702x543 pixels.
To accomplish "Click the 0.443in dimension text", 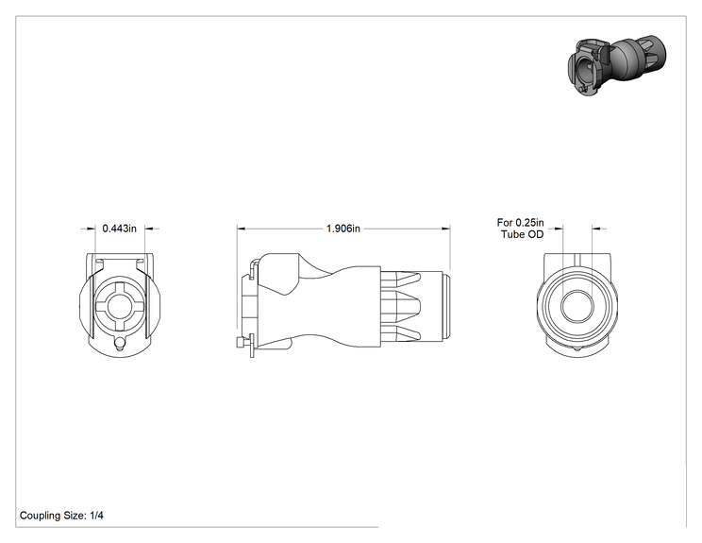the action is [x=119, y=229].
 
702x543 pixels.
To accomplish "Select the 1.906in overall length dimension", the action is [x=343, y=229].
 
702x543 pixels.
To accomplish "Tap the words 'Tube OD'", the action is [x=522, y=234].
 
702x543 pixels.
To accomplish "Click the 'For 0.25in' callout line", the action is [x=520, y=222].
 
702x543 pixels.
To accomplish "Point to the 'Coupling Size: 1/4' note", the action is [x=61, y=516].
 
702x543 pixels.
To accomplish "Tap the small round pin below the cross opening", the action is [x=120, y=344].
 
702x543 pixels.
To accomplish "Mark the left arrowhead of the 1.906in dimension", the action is [x=242, y=229].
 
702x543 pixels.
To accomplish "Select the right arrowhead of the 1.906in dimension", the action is [x=446, y=229].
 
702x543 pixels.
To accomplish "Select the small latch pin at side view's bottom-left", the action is [x=240, y=343].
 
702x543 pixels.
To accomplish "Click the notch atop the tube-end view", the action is [x=577, y=260].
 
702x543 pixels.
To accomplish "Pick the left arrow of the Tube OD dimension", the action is [x=556, y=229].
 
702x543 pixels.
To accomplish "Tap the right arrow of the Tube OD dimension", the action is [x=599, y=229].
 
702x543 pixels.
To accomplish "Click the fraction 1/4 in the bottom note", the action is [x=96, y=516].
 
